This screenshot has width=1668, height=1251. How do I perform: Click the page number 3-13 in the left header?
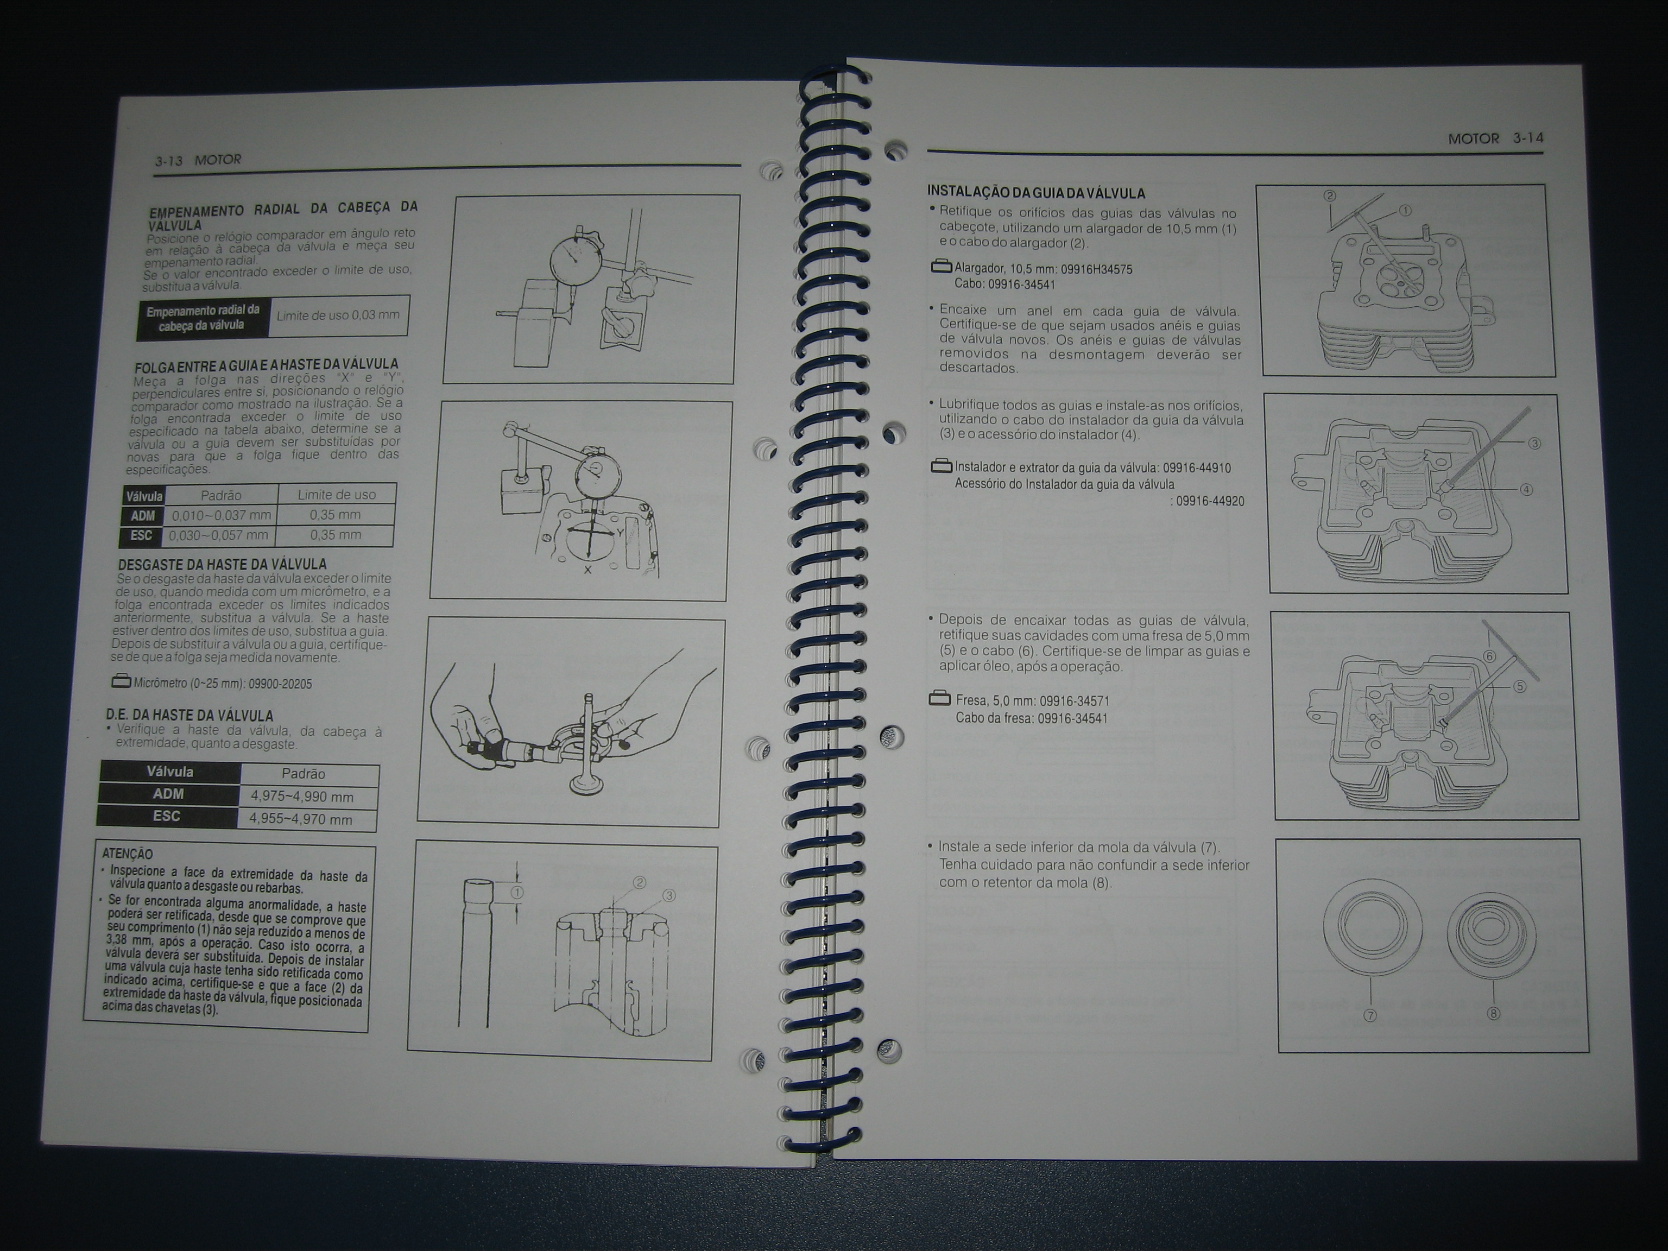[169, 161]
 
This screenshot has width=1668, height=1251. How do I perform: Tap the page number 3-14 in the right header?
[1528, 138]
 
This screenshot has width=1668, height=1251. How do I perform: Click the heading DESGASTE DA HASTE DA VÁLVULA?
[223, 564]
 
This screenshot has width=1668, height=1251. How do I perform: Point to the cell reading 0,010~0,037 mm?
[221, 516]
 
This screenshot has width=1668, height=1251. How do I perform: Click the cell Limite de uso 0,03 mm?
[339, 315]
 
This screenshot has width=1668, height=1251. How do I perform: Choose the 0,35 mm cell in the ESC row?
[336, 535]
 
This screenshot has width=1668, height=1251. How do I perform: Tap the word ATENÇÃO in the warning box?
[128, 854]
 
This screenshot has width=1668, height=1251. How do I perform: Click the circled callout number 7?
[1370, 1015]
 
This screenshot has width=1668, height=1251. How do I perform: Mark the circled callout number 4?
[1526, 489]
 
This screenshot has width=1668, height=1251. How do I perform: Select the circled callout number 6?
[1489, 656]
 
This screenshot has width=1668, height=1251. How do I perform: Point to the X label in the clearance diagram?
[587, 570]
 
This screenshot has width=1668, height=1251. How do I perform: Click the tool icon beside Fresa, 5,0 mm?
[939, 699]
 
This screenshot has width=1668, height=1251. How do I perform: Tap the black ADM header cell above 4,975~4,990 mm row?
[168, 794]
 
